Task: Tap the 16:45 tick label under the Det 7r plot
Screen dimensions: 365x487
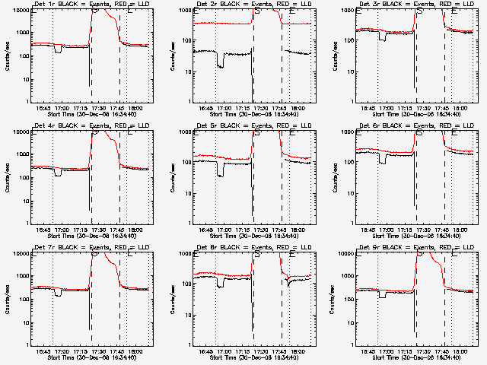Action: tap(43, 351)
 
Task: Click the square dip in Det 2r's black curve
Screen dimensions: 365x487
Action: tap(221, 61)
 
